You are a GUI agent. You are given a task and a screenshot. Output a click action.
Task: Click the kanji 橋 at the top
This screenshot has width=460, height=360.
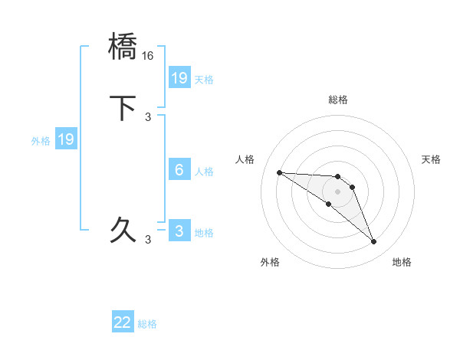click(x=123, y=47)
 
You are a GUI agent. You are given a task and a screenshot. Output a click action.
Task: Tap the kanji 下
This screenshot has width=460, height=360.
click(x=123, y=107)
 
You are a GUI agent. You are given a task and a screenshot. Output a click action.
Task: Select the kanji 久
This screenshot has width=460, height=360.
click(x=123, y=229)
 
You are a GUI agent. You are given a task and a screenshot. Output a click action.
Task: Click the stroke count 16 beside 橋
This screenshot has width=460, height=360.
click(x=149, y=55)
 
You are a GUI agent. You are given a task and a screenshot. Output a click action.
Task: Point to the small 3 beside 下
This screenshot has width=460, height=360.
click(x=149, y=116)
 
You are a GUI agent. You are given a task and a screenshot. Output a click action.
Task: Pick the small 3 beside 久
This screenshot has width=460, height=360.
click(x=149, y=239)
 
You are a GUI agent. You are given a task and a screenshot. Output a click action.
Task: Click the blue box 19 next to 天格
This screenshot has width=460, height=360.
click(x=179, y=78)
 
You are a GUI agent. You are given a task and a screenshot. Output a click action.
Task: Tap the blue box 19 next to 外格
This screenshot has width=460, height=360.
click(x=66, y=139)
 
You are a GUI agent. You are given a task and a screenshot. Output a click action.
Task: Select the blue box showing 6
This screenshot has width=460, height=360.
click(x=179, y=170)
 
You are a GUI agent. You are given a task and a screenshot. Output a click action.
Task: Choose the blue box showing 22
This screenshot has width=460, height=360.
click(x=123, y=323)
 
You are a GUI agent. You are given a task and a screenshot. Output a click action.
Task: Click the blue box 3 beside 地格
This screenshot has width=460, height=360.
click(x=179, y=231)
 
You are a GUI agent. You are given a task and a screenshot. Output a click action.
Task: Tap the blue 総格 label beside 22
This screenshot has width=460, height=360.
click(x=147, y=324)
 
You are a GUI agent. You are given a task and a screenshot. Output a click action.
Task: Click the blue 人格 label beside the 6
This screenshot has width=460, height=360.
click(x=204, y=171)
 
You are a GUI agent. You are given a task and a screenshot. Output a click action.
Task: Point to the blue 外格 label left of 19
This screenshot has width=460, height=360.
click(x=41, y=140)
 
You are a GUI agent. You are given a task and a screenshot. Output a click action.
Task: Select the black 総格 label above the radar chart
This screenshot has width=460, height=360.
click(x=338, y=100)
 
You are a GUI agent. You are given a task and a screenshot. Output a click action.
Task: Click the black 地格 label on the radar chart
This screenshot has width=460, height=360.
click(x=402, y=262)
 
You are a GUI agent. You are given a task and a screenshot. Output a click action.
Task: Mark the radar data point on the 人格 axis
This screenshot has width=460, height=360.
click(x=279, y=172)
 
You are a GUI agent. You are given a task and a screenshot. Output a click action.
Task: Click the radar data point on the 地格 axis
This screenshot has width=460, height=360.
click(x=374, y=242)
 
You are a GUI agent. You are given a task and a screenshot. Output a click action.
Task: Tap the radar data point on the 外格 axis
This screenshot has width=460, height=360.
click(x=328, y=204)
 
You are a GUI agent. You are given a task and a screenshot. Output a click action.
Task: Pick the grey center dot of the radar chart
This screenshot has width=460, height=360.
click(x=338, y=191)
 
